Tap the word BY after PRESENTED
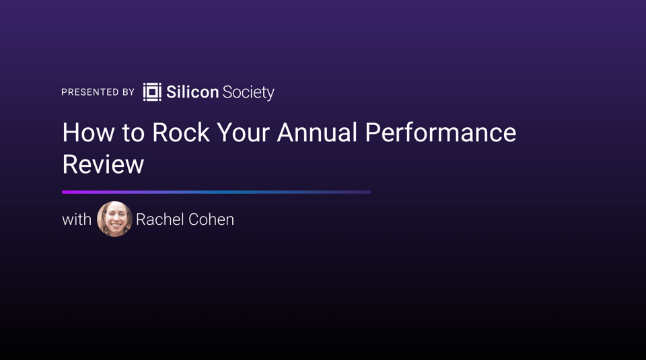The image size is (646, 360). coord(129,92)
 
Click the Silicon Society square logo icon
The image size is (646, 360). coord(152,92)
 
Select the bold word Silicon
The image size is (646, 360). coord(192,92)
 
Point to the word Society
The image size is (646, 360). coord(248,93)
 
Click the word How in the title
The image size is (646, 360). coord(88,133)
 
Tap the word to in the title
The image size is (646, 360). coord(133,133)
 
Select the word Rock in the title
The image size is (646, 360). coord(181,133)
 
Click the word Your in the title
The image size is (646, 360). coord(244,133)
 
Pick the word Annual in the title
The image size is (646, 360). coord(317,133)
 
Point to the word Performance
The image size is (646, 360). coord(440,133)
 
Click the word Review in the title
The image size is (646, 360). coord(103,164)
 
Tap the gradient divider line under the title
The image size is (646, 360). coord(216,192)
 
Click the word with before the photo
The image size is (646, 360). coord(77,219)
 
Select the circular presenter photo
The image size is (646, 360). coord(114,219)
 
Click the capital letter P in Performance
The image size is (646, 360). coord(373,133)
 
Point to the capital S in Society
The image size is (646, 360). coord(227,92)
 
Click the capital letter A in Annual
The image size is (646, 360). coord(287,133)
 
